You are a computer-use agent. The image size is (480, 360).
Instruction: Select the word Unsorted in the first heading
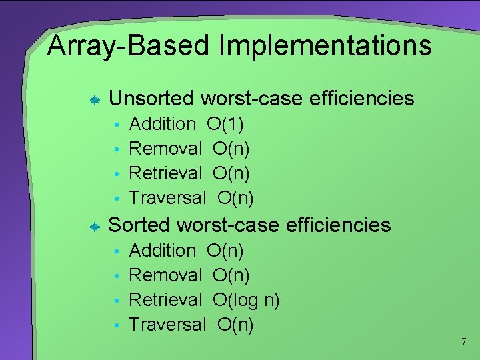click(x=151, y=99)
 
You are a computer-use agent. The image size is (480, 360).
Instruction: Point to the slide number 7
click(x=463, y=342)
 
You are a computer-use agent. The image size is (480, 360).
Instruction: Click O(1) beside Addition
click(x=225, y=124)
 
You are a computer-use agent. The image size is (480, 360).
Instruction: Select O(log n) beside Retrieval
click(x=246, y=300)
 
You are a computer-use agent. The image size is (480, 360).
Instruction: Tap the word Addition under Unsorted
click(x=162, y=124)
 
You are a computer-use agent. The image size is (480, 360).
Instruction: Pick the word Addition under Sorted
click(x=162, y=251)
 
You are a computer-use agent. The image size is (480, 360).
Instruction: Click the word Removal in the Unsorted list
click(x=165, y=149)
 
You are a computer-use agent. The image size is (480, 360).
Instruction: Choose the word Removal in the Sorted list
click(x=165, y=275)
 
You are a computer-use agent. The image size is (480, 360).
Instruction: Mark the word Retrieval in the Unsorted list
click(x=165, y=173)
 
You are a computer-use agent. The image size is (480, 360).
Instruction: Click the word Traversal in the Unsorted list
click(x=167, y=198)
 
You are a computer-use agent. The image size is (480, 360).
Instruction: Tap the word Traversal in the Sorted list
click(x=167, y=325)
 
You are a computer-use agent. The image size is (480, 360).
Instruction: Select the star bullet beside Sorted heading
click(x=95, y=227)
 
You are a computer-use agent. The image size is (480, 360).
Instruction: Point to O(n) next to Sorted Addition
click(x=225, y=251)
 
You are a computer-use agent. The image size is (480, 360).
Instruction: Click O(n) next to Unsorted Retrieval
click(x=231, y=173)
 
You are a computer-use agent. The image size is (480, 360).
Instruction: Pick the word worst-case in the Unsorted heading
click(x=252, y=99)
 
